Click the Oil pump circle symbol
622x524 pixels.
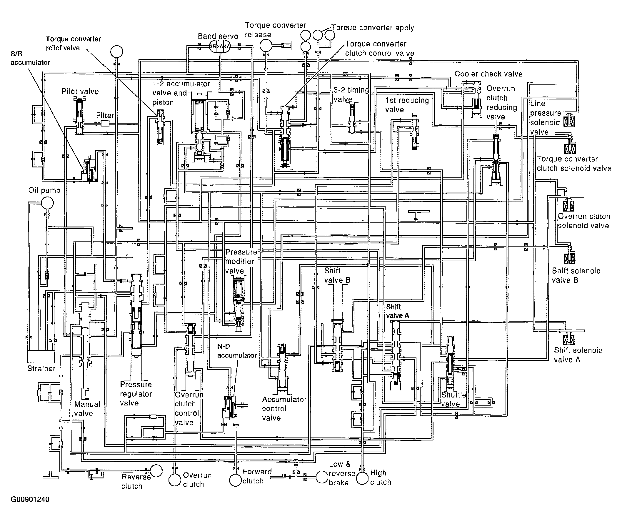[47, 203]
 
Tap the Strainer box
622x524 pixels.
[41, 357]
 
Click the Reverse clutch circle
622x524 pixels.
[156, 470]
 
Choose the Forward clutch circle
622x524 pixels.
[236, 480]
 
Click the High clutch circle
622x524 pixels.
[362, 479]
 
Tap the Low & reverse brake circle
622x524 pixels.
[322, 477]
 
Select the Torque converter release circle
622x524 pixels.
[266, 45]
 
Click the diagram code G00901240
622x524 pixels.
[30, 499]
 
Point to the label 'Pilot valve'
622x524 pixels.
[80, 92]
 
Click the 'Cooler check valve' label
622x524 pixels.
[489, 74]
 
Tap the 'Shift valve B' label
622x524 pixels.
[337, 275]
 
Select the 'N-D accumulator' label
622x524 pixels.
[237, 351]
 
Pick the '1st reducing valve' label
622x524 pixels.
[407, 105]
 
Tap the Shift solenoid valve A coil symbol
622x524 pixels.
[569, 339]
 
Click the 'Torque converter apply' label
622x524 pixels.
[373, 28]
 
